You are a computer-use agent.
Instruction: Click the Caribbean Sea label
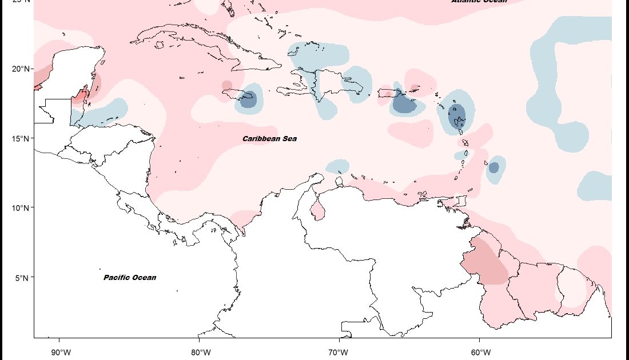[x=269, y=139]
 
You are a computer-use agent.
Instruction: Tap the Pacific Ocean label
[x=130, y=278]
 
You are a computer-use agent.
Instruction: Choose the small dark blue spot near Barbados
[x=493, y=167]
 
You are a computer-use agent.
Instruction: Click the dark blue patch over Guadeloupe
[x=458, y=116]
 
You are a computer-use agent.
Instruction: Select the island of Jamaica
[x=234, y=93]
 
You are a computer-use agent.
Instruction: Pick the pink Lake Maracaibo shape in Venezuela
[x=317, y=209]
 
